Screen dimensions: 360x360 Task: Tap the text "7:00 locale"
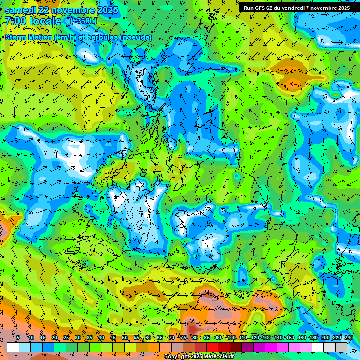click(x=33, y=21)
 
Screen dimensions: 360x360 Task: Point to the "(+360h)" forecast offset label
click(x=83, y=21)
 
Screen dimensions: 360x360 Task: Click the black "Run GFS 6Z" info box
click(x=296, y=8)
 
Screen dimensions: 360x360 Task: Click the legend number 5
click(x=18, y=337)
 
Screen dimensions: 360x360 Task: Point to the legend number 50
click(x=125, y=337)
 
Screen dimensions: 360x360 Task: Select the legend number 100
click(x=231, y=337)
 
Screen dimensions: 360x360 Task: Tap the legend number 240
click(x=349, y=337)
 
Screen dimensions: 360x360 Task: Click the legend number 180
click(x=313, y=337)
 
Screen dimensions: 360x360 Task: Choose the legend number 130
click(x=266, y=337)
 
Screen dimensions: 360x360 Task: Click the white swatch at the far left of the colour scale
click(x=13, y=347)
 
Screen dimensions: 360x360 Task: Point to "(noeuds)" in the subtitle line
click(x=135, y=37)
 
